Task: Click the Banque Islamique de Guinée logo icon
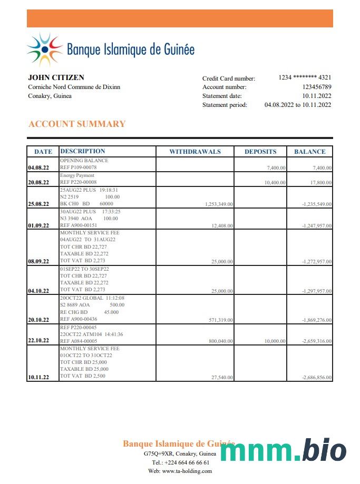[45, 50]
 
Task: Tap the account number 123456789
[317, 87]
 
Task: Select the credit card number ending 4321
[305, 77]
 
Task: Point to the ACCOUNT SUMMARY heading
[77, 124]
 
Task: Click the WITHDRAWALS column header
[195, 152]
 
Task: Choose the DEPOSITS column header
[260, 152]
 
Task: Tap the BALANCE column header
[310, 152]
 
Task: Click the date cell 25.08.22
[38, 204]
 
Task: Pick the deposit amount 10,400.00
[275, 183]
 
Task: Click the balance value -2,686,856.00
[316, 378]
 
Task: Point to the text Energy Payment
[77, 175]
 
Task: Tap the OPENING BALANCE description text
[84, 161]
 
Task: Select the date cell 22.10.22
[38, 340]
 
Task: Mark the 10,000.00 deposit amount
[275, 341]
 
